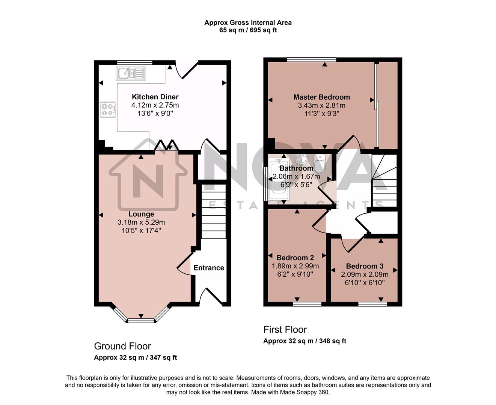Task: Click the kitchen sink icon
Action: point(131,73)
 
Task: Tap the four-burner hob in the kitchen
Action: point(107,109)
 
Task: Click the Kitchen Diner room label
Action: point(155,97)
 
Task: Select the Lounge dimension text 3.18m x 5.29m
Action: point(141,222)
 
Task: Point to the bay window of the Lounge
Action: point(141,318)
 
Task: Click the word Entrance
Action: point(209,268)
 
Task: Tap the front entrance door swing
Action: point(210,296)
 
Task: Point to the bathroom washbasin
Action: point(301,160)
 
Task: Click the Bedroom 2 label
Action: point(295,258)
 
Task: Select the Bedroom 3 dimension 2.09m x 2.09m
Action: point(365,274)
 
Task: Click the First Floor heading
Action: point(285,330)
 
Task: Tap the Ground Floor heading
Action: point(122,346)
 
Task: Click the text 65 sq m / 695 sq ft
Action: point(248,30)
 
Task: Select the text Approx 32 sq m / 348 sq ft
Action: point(305,341)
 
